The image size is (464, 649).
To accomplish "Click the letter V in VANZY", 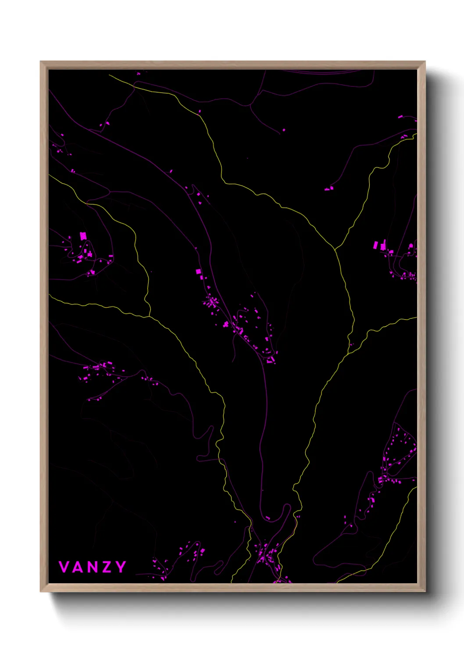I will [x=64, y=567].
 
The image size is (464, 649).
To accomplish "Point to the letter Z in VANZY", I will [x=106, y=567].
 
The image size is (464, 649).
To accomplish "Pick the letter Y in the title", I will [x=120, y=567].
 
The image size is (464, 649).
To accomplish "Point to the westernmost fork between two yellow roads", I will [x=150, y=316].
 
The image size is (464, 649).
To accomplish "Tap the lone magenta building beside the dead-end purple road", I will [x=284, y=130].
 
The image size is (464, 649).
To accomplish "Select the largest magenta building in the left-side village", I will [x=83, y=236].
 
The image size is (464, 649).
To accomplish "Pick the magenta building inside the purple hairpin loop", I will [x=268, y=518].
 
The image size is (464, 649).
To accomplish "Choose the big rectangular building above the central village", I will [x=198, y=272].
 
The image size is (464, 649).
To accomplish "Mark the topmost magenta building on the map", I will [x=139, y=74].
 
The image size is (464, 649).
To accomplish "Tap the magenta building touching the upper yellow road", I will [x=200, y=111].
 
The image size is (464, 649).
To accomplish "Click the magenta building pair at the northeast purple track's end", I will [x=328, y=189].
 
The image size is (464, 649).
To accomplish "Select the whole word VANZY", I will [x=92, y=567].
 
